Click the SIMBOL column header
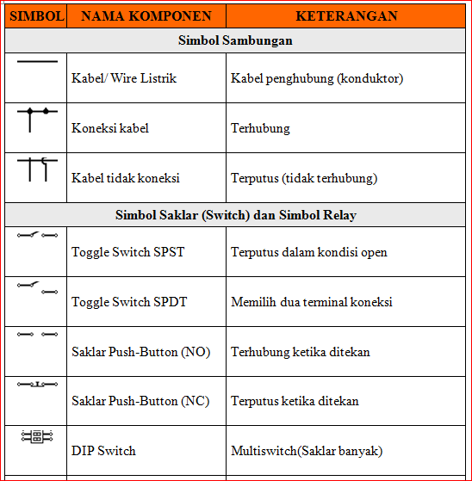[35, 16]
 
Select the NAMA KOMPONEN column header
[147, 16]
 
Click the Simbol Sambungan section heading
[235, 40]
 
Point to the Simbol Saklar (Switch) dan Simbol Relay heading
[235, 215]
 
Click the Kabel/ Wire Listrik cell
[124, 78]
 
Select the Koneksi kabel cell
[110, 128]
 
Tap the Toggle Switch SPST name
[127, 252]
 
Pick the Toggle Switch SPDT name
[129, 302]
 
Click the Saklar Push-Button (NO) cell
[140, 352]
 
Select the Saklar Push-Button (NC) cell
[140, 401]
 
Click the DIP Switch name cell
[103, 451]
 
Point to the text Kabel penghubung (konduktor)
[317, 78]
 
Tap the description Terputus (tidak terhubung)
[304, 178]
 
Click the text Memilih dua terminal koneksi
[312, 302]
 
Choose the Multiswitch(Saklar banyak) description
[307, 451]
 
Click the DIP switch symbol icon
[37, 436]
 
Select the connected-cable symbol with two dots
[37, 116]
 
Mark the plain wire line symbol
[37, 62]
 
